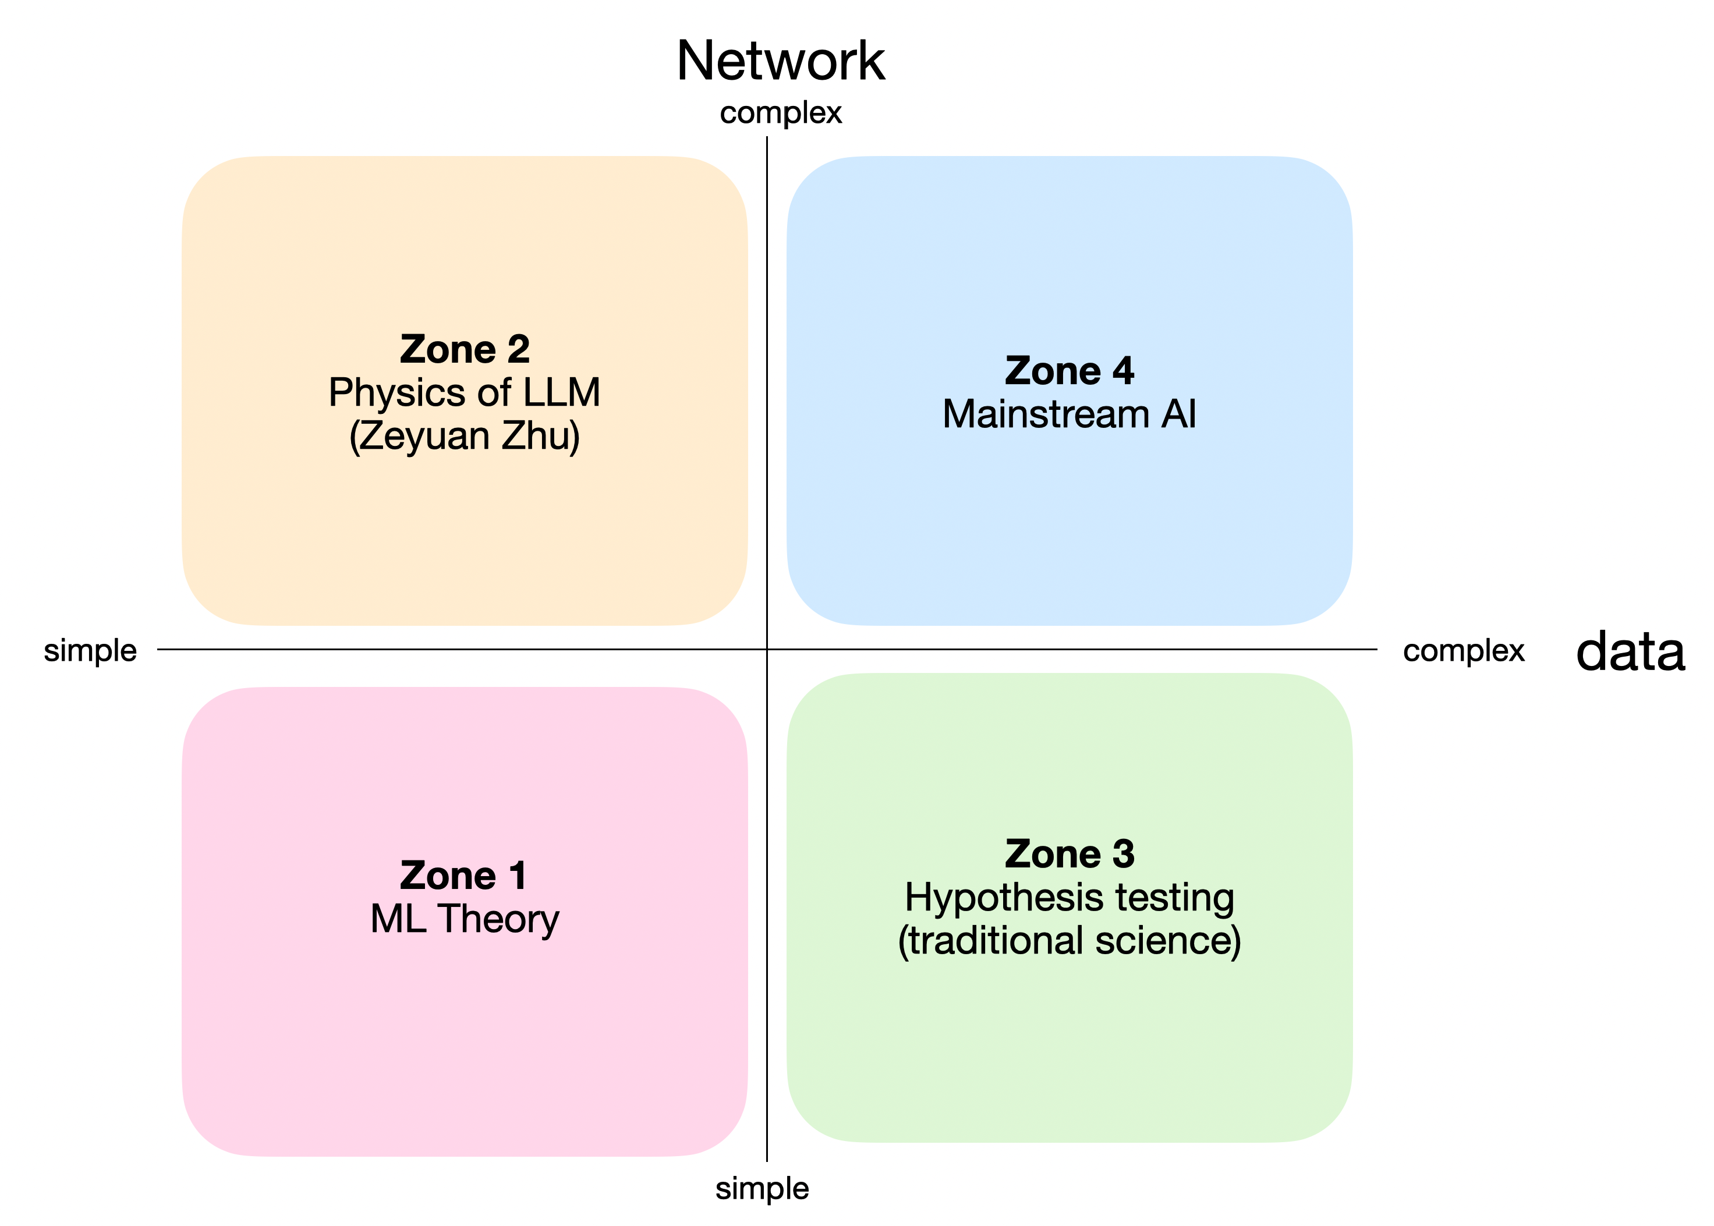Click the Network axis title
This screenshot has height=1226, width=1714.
(780, 61)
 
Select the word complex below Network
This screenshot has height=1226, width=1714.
(780, 114)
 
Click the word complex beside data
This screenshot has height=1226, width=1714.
(1462, 651)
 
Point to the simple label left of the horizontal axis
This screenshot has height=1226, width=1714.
(90, 651)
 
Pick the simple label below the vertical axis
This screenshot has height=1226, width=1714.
(762, 1188)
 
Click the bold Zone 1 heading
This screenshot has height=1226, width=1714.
(463, 876)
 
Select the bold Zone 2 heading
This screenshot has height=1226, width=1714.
(465, 349)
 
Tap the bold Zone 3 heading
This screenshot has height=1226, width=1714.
(1069, 854)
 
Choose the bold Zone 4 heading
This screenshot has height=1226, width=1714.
(1069, 371)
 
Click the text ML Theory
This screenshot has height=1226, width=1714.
(465, 920)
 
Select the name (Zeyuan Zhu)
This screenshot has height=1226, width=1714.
(465, 437)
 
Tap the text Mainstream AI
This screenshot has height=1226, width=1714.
(1069, 414)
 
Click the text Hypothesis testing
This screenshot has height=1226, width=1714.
(1069, 898)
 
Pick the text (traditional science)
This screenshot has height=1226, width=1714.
(1069, 941)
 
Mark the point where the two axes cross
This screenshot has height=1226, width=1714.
(767, 649)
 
